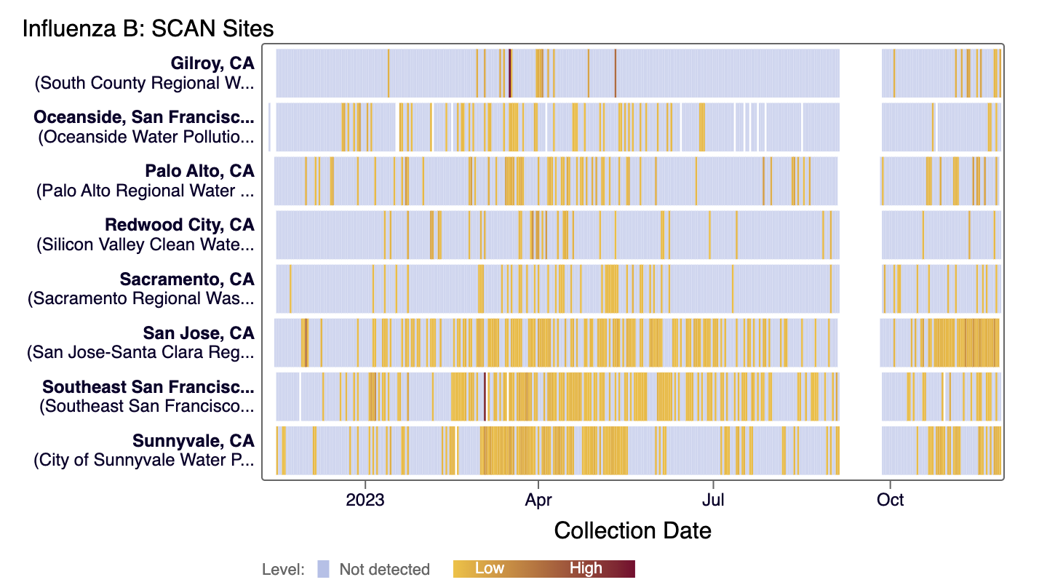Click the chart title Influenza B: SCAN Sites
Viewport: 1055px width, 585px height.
148,28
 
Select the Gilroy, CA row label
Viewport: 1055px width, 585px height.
212,63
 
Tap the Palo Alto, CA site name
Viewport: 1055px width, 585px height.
199,171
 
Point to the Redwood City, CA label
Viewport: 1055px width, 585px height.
180,225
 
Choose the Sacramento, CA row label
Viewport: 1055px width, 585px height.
187,279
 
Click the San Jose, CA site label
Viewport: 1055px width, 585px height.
199,333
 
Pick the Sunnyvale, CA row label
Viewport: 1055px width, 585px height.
194,440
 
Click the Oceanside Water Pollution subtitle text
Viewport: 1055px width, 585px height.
146,137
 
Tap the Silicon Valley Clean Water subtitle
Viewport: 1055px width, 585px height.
146,244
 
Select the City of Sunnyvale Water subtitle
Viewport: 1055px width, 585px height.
144,460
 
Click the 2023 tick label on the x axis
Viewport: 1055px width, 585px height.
365,500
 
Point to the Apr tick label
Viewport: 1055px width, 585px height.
538,500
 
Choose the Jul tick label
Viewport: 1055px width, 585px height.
714,500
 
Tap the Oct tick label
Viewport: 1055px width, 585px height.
890,500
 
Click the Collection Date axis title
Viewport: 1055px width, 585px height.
632,530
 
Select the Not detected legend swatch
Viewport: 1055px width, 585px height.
323,569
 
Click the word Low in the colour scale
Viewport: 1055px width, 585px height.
490,568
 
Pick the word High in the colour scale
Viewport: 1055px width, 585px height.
586,568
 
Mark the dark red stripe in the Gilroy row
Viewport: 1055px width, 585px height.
510,73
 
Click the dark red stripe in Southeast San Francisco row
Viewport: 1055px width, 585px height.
485,397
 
